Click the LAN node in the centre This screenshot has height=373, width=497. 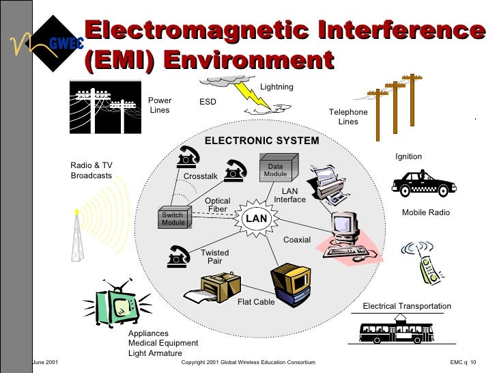(257, 218)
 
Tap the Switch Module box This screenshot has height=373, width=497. (173, 218)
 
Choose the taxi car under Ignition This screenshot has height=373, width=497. (423, 183)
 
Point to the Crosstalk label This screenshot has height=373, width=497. (201, 177)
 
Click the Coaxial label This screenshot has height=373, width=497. (297, 240)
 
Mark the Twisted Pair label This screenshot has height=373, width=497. (215, 257)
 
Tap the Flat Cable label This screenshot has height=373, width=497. (256, 302)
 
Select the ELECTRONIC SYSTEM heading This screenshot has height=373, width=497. (262, 141)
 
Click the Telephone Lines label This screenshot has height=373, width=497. (348, 117)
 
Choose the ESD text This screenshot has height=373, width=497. (208, 102)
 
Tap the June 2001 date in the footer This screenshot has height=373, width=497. (45, 362)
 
